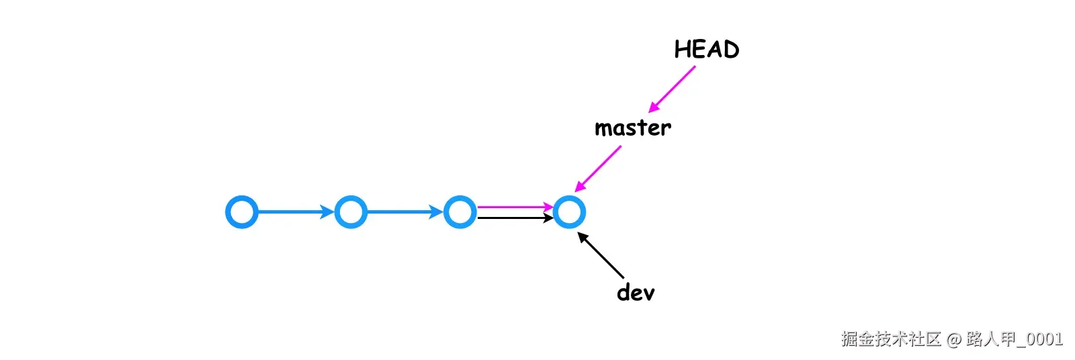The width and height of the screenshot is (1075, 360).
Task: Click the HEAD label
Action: (706, 50)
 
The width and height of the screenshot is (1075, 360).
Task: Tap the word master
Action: (632, 128)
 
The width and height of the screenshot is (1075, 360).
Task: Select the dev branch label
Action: (635, 292)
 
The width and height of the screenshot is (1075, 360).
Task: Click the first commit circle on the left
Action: (242, 212)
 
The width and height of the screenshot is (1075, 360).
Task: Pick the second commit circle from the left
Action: (351, 212)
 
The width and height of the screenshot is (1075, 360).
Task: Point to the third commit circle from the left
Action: (460, 212)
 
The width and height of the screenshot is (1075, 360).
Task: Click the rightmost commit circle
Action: (569, 212)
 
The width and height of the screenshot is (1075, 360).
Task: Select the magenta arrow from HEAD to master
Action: (672, 89)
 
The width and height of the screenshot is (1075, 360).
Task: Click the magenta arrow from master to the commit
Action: (598, 169)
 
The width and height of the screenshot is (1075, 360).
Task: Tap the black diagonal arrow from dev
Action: (601, 255)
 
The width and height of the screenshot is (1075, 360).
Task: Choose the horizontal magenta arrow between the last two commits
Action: (514, 207)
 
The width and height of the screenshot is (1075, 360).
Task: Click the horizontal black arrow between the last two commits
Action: (514, 218)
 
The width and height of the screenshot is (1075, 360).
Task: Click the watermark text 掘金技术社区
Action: (891, 339)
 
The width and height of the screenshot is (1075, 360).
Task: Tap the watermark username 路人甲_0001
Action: (1015, 339)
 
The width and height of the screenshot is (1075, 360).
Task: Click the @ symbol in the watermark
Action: (954, 340)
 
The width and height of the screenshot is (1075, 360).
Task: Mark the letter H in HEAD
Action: (683, 50)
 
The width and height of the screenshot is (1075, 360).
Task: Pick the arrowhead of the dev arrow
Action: (583, 236)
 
